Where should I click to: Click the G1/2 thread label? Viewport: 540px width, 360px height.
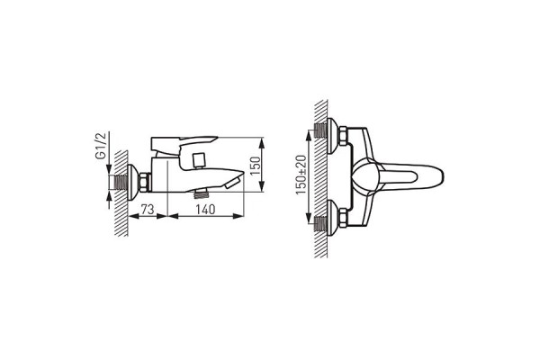click(101, 146)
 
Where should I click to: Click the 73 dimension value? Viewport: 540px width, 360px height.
click(148, 209)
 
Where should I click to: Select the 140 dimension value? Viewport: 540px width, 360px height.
click(205, 209)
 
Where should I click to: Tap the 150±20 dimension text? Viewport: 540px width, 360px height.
click(301, 175)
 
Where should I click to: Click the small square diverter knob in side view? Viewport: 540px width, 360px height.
click(199, 160)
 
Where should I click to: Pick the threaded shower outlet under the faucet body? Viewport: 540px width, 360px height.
click(202, 194)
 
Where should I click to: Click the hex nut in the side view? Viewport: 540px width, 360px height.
click(144, 182)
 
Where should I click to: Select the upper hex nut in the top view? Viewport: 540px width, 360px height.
click(343, 135)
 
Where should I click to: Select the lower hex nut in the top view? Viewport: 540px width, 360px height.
click(343, 218)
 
